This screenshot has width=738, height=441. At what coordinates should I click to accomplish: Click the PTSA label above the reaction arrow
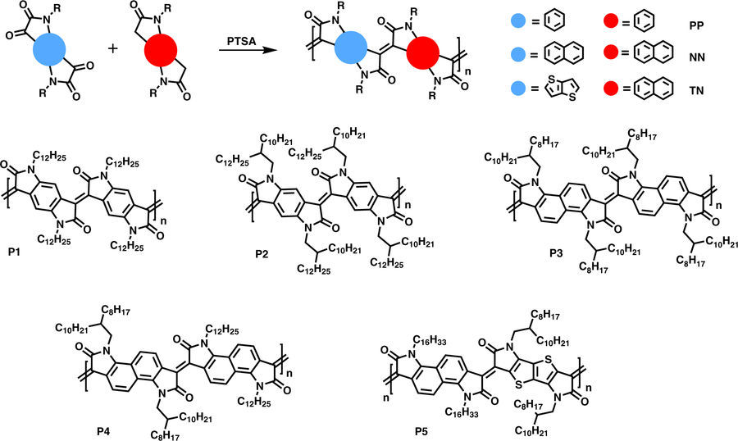pos(243,39)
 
